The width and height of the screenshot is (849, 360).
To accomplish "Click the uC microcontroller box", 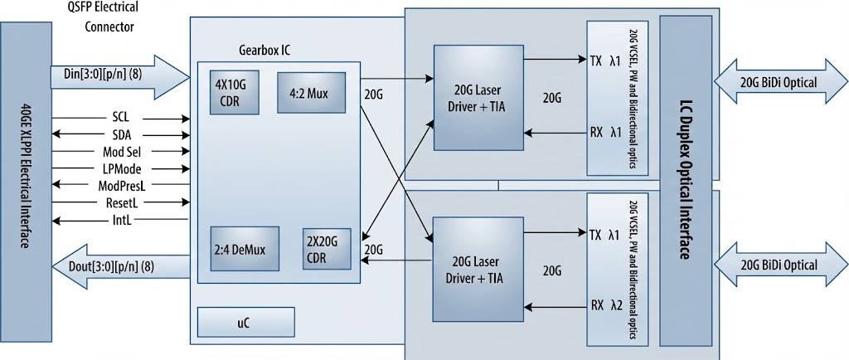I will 246,322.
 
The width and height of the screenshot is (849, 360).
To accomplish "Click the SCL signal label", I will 121,118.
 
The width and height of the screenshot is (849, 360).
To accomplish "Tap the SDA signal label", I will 121,134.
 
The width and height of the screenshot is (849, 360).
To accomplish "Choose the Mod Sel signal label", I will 121,152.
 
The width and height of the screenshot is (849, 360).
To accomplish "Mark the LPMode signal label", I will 121,168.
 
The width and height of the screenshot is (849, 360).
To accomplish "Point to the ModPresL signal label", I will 121,185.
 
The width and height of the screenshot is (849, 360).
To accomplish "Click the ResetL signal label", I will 121,202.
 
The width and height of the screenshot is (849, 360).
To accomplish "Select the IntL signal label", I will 121,220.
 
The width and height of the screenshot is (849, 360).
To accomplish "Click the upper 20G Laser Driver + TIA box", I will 480,98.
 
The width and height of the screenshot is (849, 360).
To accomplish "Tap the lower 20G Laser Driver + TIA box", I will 480,269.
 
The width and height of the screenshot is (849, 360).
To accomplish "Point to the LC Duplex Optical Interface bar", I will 685,180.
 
